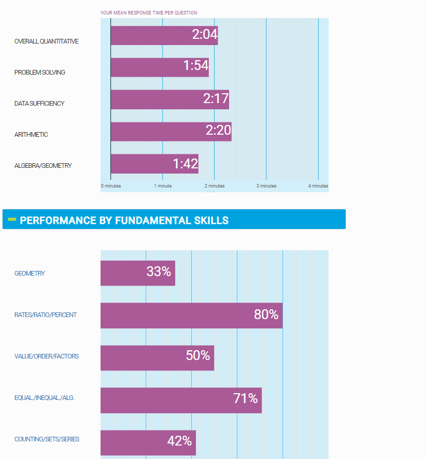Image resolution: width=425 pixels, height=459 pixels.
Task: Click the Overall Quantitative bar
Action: pyautogui.click(x=164, y=35)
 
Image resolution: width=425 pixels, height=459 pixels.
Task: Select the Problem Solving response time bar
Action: pyautogui.click(x=160, y=67)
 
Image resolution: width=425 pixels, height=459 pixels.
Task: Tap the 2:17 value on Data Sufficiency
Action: pyautogui.click(x=216, y=99)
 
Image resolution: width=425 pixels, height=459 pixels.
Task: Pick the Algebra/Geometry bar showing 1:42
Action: pyautogui.click(x=154, y=164)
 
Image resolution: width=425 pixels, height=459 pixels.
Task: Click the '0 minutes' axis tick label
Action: pyautogui.click(x=111, y=186)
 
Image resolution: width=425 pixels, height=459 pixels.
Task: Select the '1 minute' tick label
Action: pyautogui.click(x=163, y=186)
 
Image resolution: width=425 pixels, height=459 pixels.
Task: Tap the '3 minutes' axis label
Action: pyautogui.click(x=266, y=186)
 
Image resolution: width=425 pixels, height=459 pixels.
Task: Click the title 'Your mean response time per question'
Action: pyautogui.click(x=149, y=13)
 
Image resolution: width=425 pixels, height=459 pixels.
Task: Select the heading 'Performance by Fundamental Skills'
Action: pyautogui.click(x=124, y=220)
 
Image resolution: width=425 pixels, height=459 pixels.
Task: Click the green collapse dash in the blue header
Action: pyautogui.click(x=12, y=219)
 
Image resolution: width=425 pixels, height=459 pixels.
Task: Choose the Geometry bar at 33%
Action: pyautogui.click(x=138, y=273)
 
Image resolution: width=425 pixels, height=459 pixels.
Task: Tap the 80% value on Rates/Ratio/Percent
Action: pyautogui.click(x=266, y=314)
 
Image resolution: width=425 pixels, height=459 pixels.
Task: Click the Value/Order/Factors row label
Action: pyautogui.click(x=47, y=356)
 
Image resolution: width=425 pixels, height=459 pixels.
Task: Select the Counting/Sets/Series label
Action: pyautogui.click(x=47, y=439)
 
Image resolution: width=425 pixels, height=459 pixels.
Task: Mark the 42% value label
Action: pyautogui.click(x=179, y=441)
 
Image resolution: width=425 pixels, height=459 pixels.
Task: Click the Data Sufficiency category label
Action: pyautogui.click(x=39, y=104)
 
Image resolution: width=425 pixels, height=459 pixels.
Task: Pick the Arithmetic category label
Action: pyautogui.click(x=31, y=135)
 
